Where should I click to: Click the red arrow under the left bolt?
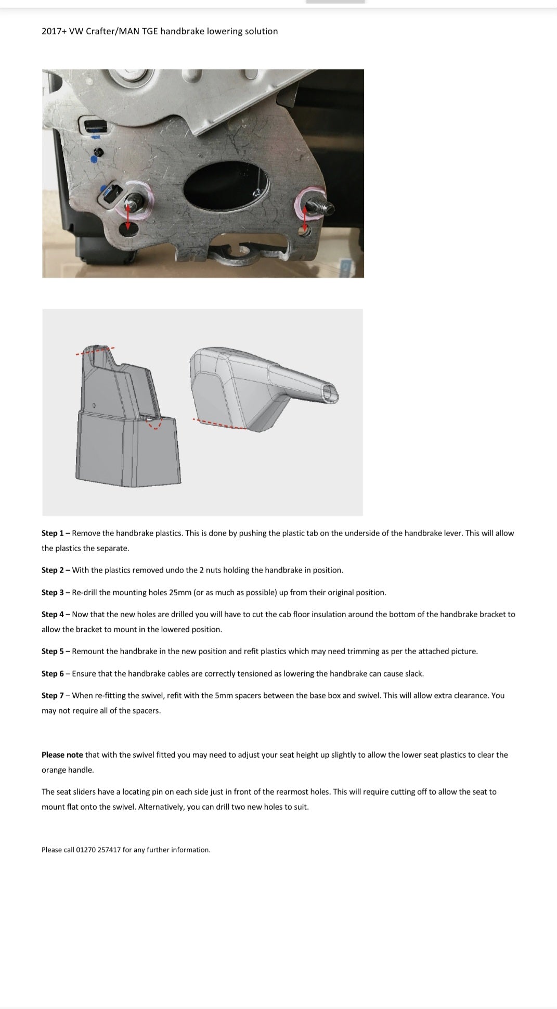tap(127, 217)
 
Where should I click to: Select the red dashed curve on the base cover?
tap(154, 425)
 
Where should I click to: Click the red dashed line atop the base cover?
tap(95, 351)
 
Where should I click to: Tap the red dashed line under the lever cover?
tap(218, 424)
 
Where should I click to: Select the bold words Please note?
tap(62, 755)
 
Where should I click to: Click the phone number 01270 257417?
tap(98, 850)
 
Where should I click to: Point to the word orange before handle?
tap(54, 770)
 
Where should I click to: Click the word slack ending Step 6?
tap(413, 673)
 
